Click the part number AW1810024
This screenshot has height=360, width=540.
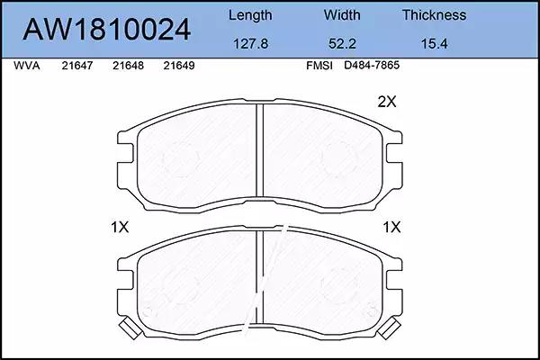point(107,30)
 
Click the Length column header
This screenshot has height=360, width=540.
point(250,15)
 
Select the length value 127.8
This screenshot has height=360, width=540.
point(251,44)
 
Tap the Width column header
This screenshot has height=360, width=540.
point(342,15)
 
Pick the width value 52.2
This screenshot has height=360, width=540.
point(342,44)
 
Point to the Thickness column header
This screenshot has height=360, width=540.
point(435,15)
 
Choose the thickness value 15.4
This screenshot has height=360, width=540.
point(435,44)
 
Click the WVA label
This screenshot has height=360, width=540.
point(27,66)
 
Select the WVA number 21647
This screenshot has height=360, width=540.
point(77,66)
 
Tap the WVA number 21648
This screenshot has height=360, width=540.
point(128,66)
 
